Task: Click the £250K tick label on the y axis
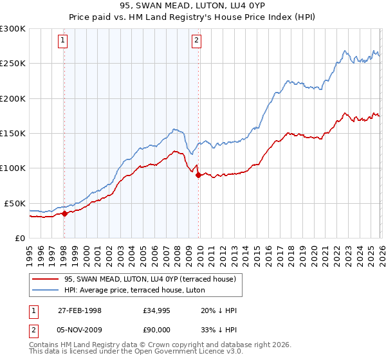tap(13, 64)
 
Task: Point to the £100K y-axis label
tap(13, 168)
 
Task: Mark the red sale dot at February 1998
tap(64, 213)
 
